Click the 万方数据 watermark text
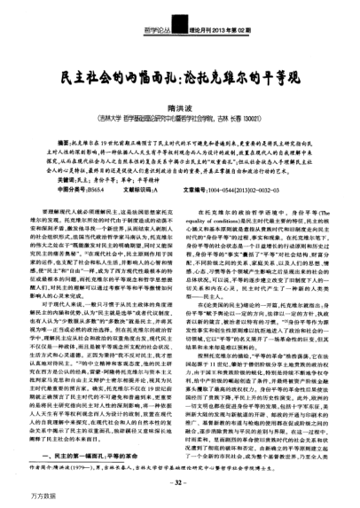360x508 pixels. point(17,496)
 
